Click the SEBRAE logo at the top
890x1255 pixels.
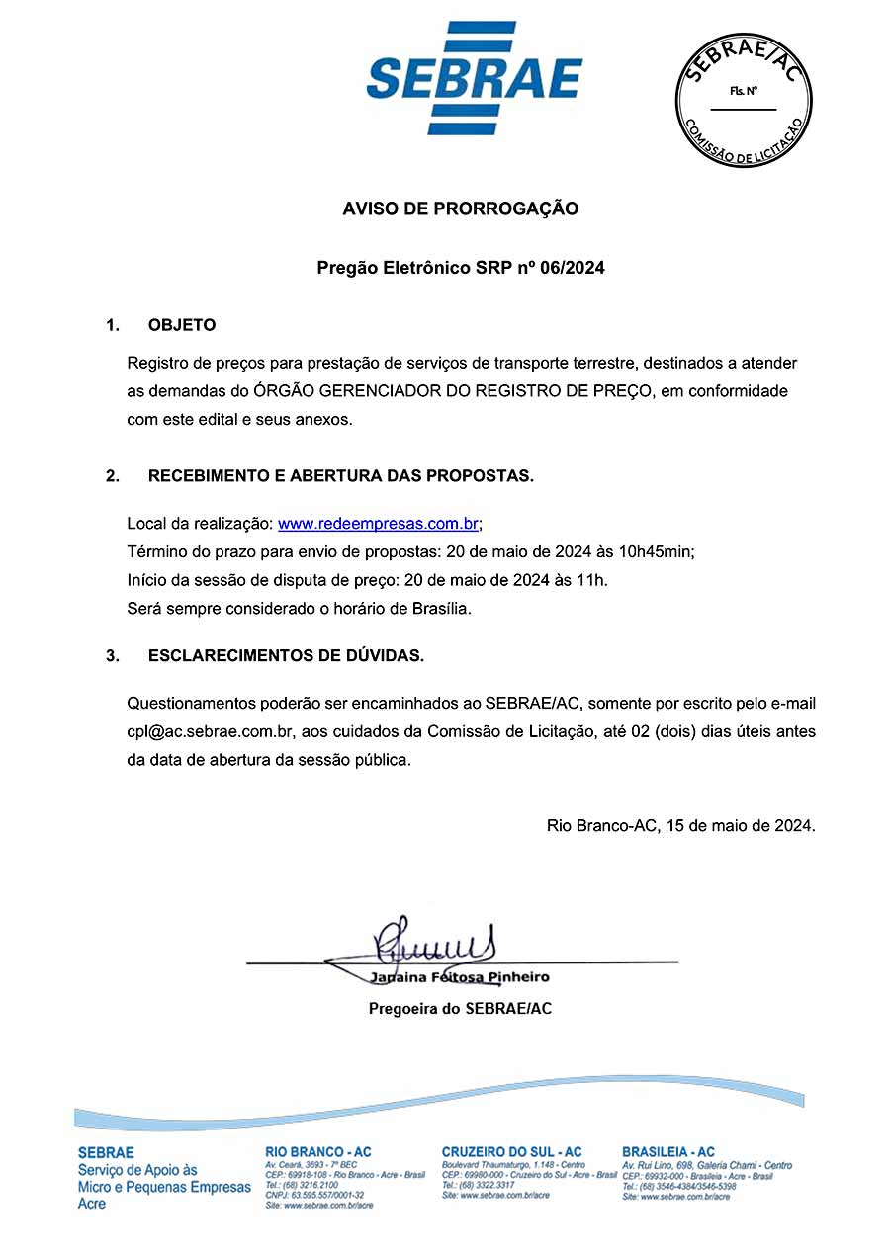(475, 77)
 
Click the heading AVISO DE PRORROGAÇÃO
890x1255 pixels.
(460, 209)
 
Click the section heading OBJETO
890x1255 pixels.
(182, 325)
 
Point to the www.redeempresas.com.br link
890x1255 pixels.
(379, 524)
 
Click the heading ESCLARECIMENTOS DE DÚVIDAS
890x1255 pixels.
(287, 655)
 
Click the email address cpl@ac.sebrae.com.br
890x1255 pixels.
(212, 731)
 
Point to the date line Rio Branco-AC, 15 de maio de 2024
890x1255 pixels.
(681, 825)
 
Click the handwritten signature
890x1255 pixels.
(435, 941)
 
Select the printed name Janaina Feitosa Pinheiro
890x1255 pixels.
(460, 977)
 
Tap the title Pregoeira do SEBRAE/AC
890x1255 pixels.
(460, 1009)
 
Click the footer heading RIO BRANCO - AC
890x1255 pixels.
(318, 1152)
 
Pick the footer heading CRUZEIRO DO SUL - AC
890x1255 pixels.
(511, 1152)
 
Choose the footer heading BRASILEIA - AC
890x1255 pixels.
(668, 1152)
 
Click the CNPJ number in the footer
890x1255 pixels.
(314, 1195)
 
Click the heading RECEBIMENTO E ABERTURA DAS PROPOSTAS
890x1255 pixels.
(341, 476)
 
